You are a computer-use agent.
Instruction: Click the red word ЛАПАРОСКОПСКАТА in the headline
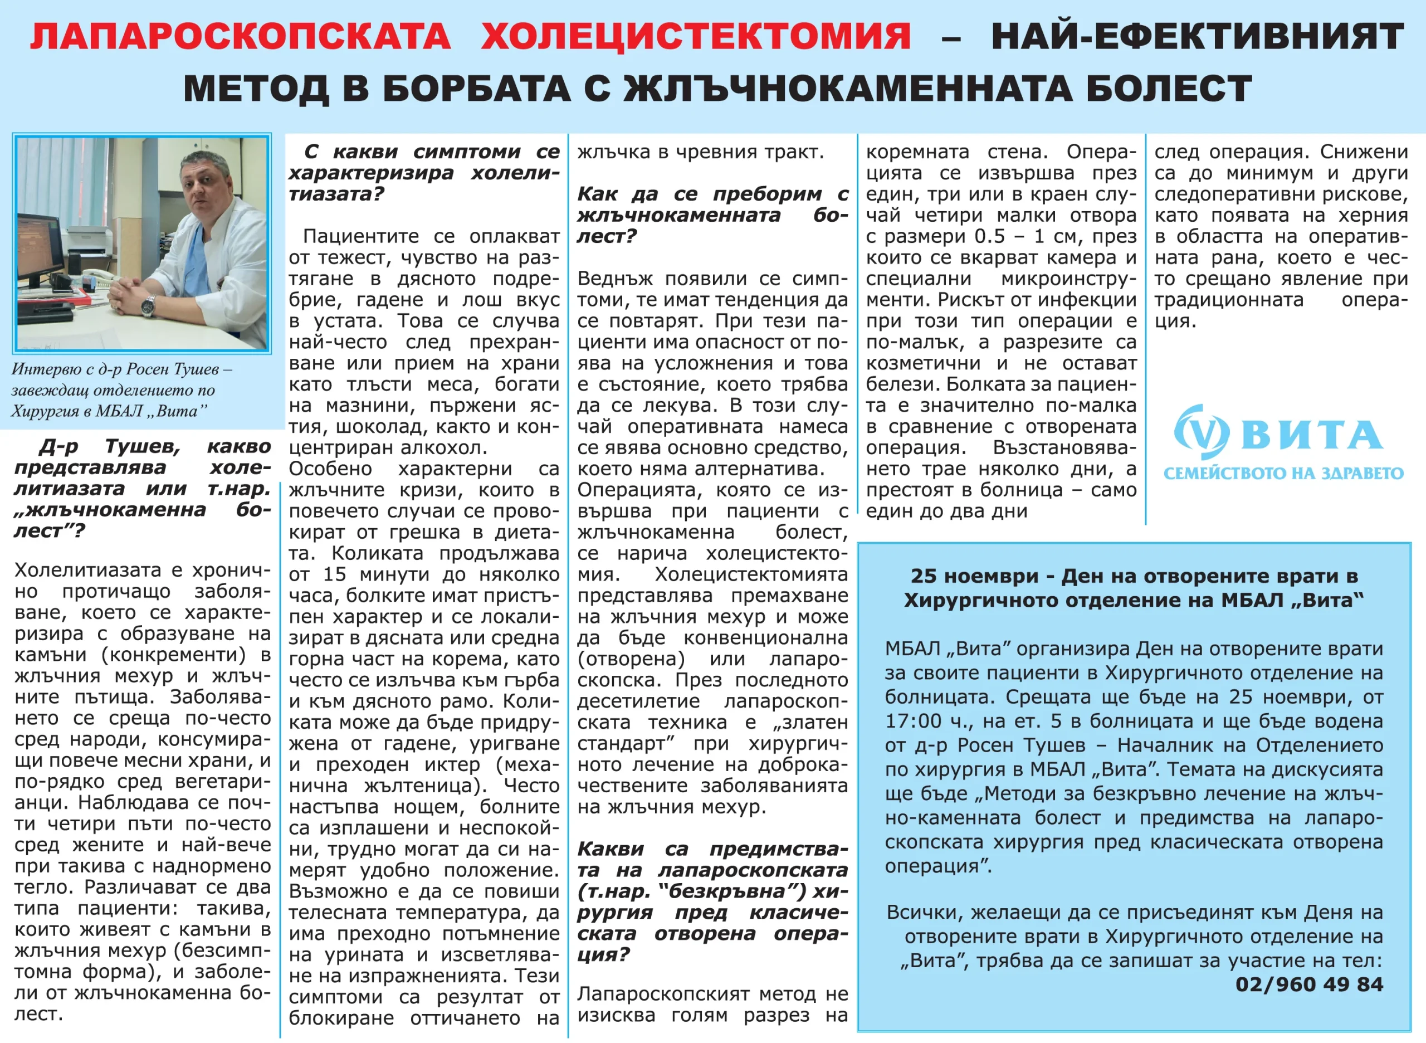241,37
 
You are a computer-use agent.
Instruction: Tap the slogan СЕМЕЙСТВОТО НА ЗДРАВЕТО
1283,474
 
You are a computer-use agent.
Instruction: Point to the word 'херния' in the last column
1373,215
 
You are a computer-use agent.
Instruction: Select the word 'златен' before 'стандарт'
814,722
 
